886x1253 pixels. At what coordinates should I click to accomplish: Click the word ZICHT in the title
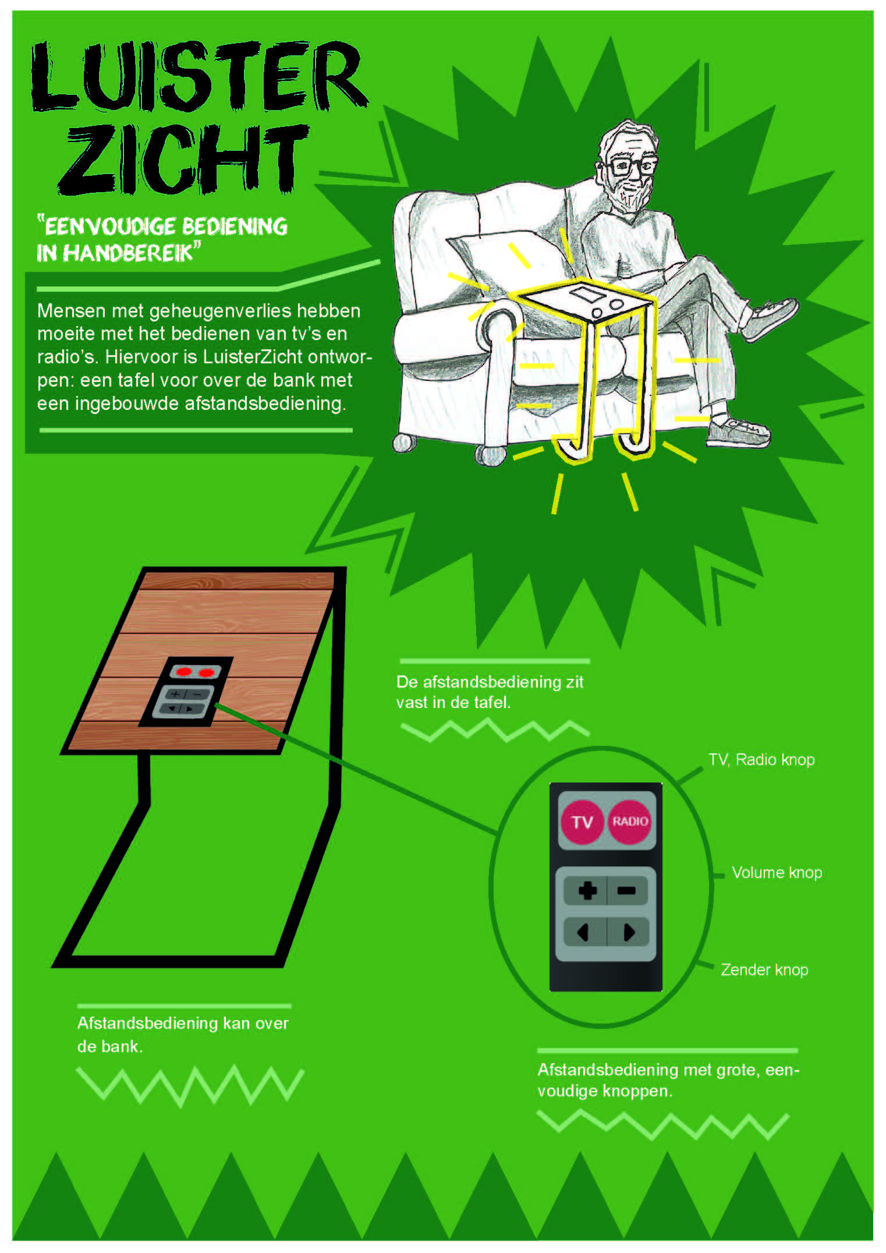(x=183, y=158)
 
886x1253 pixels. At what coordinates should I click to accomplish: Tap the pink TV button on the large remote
(x=582, y=822)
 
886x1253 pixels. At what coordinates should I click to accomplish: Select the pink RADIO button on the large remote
(x=629, y=821)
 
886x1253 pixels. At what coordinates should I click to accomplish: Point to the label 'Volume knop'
(x=777, y=872)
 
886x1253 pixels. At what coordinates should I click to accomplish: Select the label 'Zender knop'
(x=764, y=969)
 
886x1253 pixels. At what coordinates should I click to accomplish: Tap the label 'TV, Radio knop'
(x=761, y=760)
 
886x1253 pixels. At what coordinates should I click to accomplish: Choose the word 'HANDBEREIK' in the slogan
(x=127, y=253)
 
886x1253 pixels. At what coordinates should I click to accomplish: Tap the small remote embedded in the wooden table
(x=185, y=692)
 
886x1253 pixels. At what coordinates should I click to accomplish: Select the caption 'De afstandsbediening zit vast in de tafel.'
(x=490, y=692)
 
